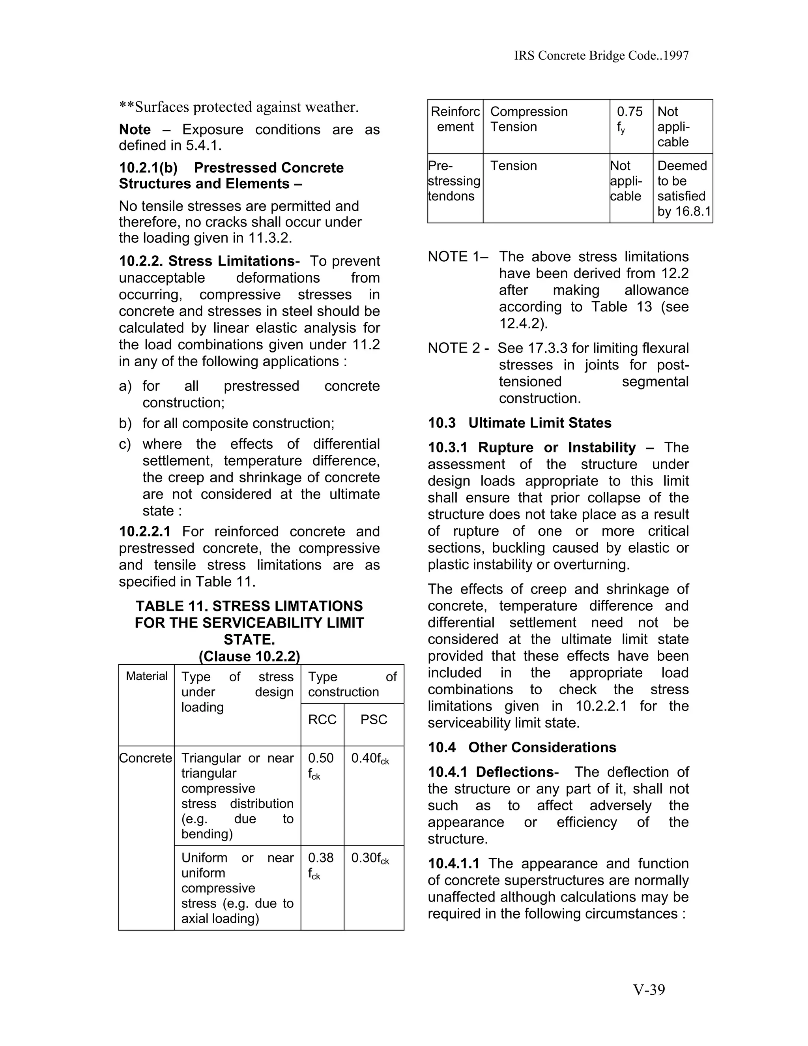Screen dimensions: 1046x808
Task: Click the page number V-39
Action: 649,990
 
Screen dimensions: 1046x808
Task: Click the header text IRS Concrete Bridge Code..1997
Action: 601,56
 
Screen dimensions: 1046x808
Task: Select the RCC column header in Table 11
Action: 322,719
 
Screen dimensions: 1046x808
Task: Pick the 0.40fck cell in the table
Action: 370,759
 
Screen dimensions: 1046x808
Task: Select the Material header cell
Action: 146,676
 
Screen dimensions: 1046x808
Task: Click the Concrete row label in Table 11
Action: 146,758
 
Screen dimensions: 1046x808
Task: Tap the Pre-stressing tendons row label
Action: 454,181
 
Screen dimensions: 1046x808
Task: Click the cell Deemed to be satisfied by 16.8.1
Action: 683,188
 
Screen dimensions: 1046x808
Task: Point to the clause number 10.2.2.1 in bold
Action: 144,532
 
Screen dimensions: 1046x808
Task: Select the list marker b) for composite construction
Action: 125,424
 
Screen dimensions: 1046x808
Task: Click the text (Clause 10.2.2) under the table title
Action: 249,656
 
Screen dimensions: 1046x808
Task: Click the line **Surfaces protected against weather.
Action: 238,107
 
